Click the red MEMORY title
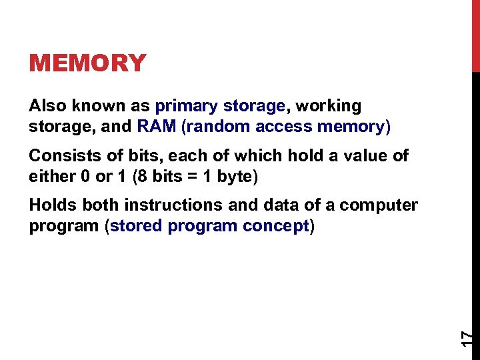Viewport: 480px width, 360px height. [87, 63]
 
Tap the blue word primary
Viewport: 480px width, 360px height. [187, 106]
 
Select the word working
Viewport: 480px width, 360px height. [328, 106]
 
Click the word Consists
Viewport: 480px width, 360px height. [61, 156]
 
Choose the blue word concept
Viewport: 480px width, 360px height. [275, 225]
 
